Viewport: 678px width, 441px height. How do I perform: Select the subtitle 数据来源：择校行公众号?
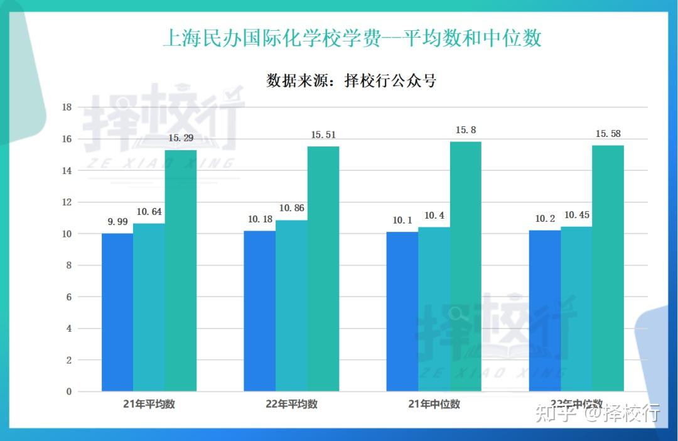coord(352,81)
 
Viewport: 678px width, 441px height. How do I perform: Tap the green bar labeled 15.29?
coord(181,270)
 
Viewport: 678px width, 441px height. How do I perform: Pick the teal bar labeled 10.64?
coord(149,307)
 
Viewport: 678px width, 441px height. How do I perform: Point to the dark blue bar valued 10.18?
coord(260,311)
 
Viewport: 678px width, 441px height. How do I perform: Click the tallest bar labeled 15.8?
coord(466,266)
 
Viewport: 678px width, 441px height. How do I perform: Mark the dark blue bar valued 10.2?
coord(545,311)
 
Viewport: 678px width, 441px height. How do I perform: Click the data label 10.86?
coord(292,208)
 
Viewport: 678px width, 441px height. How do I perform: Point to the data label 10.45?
coord(576,215)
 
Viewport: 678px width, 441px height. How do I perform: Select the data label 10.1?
coord(402,220)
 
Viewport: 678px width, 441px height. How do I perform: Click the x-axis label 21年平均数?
coord(149,405)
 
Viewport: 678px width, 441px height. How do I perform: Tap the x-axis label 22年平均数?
coord(291,405)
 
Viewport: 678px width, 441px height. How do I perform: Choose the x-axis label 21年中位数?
coord(434,405)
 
